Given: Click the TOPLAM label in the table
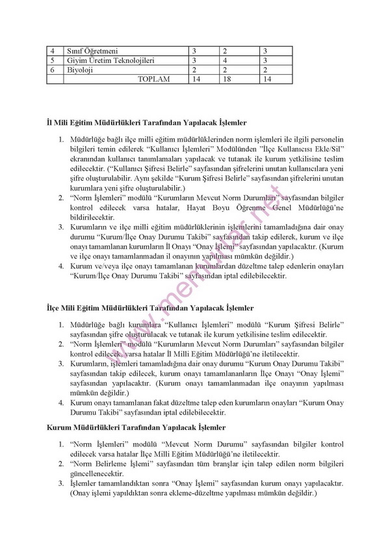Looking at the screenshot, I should [x=153, y=79].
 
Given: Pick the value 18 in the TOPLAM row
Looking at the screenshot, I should [x=226, y=79].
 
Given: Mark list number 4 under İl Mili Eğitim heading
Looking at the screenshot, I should [x=61, y=266].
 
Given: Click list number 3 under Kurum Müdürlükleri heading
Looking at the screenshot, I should [x=61, y=485].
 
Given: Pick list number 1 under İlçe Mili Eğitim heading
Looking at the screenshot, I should [x=61, y=324].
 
